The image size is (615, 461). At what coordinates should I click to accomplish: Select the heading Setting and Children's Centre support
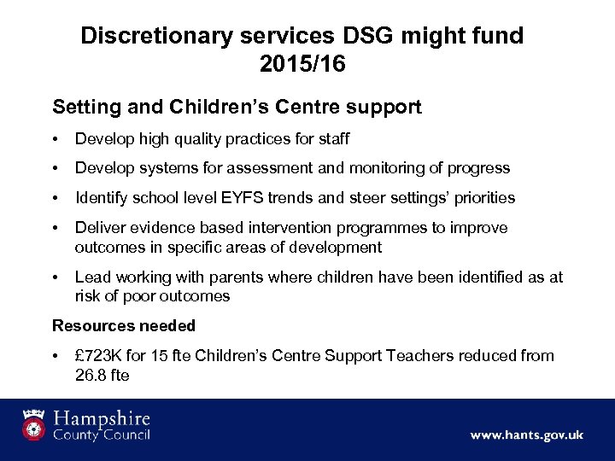[237, 108]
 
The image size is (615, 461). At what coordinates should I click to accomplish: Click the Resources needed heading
[124, 325]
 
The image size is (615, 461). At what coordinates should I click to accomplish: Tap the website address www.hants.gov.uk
[527, 435]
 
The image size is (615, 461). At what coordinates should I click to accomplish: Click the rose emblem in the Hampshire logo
[33, 423]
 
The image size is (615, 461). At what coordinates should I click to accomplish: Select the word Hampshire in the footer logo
[101, 418]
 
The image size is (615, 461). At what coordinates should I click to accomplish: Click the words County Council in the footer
[101, 435]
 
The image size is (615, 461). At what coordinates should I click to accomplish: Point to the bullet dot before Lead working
[56, 277]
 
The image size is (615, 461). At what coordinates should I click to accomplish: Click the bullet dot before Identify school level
[56, 198]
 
